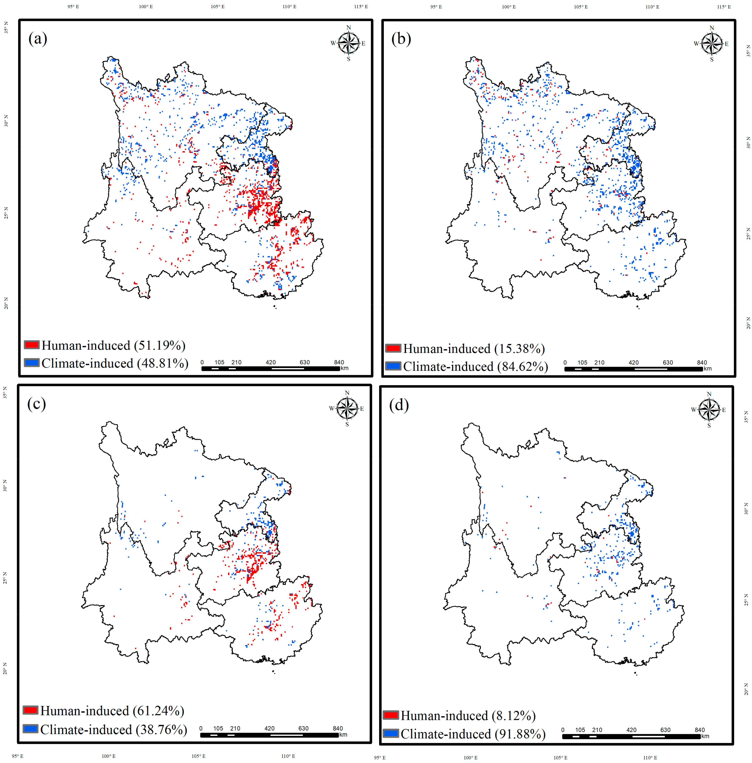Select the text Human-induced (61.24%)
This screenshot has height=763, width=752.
pos(112,710)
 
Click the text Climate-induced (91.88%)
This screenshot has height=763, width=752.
pos(473,734)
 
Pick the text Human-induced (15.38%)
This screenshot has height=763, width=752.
pos(473,348)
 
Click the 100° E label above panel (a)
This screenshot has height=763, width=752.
pos(146,7)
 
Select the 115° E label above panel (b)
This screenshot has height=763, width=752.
pos(724,7)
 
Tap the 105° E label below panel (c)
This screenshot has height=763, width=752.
pos(198,756)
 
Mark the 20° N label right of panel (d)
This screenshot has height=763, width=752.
pos(746,689)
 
